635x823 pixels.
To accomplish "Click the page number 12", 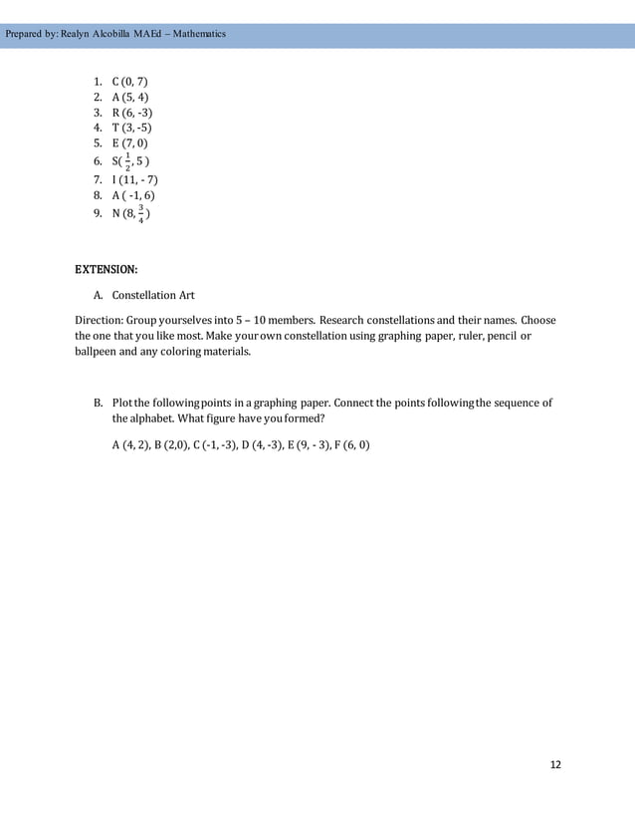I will [555, 764].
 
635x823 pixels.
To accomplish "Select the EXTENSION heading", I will [107, 269].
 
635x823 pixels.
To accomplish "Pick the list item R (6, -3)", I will [131, 113].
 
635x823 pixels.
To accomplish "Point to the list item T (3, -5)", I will [131, 129].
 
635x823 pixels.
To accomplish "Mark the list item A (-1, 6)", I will [134, 195].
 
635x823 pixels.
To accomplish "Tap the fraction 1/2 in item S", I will [126, 161].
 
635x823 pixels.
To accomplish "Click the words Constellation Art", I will [153, 295].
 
